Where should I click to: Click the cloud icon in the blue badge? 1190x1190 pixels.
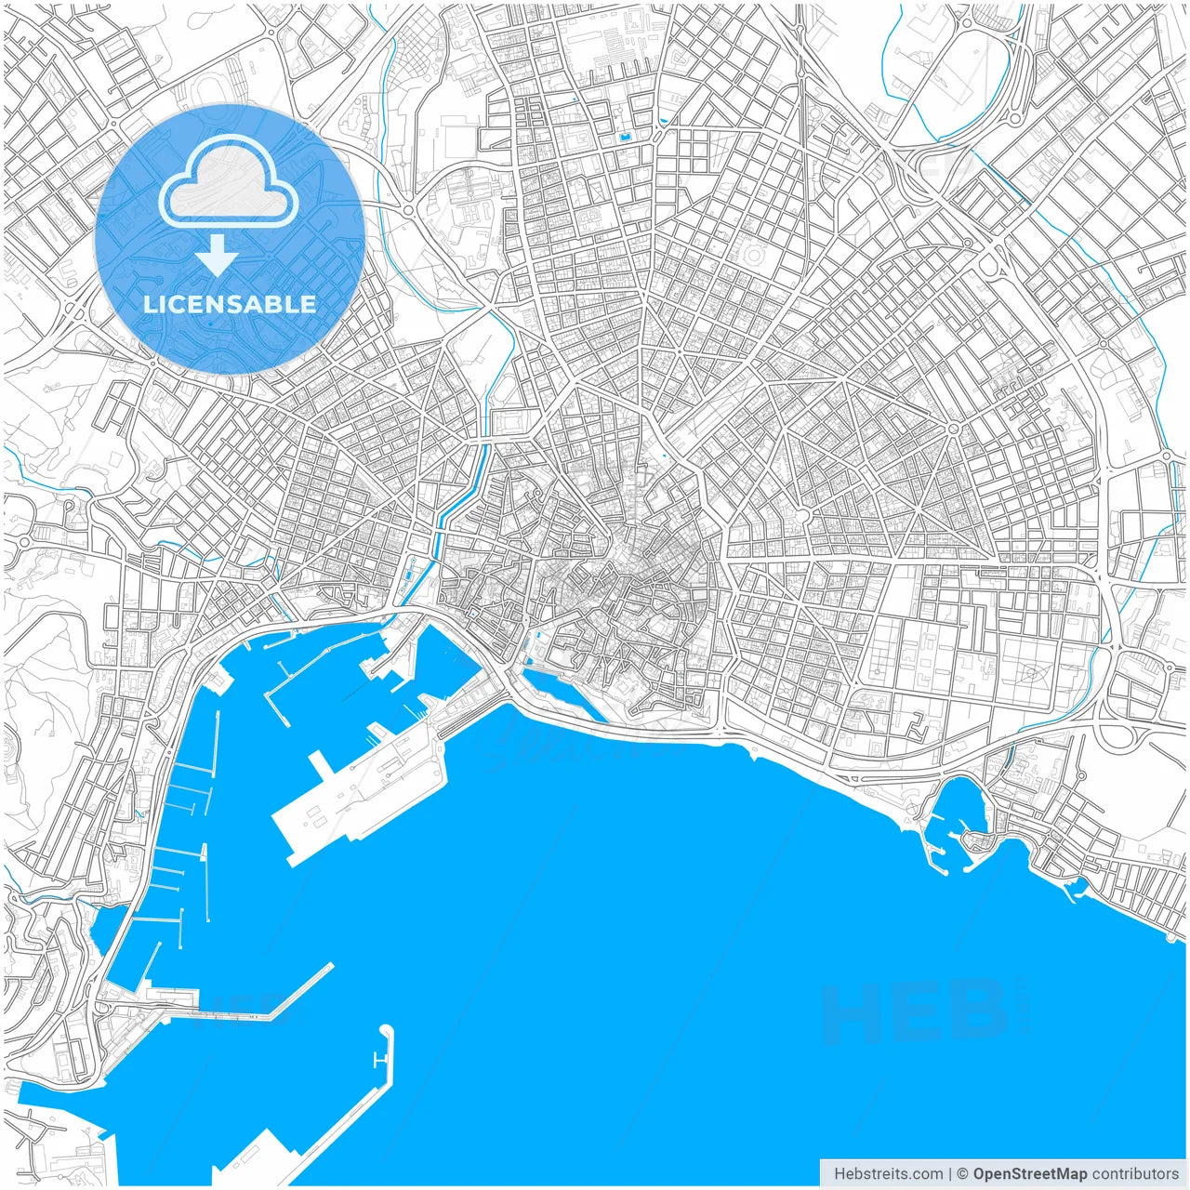[x=229, y=183]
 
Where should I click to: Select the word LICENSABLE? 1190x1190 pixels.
[x=230, y=304]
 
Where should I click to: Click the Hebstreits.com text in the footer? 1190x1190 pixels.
[x=888, y=1174]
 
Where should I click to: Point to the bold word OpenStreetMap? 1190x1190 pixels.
[x=1029, y=1174]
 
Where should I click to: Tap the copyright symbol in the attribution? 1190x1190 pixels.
[x=963, y=1174]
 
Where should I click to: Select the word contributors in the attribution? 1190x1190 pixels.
[x=1135, y=1174]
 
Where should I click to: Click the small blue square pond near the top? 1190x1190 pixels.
[x=625, y=139]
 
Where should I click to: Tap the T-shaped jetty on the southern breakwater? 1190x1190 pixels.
[x=379, y=1061]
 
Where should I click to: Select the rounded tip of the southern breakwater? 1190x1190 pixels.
[x=387, y=1031]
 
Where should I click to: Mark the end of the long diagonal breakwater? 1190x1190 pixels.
[x=329, y=967]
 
